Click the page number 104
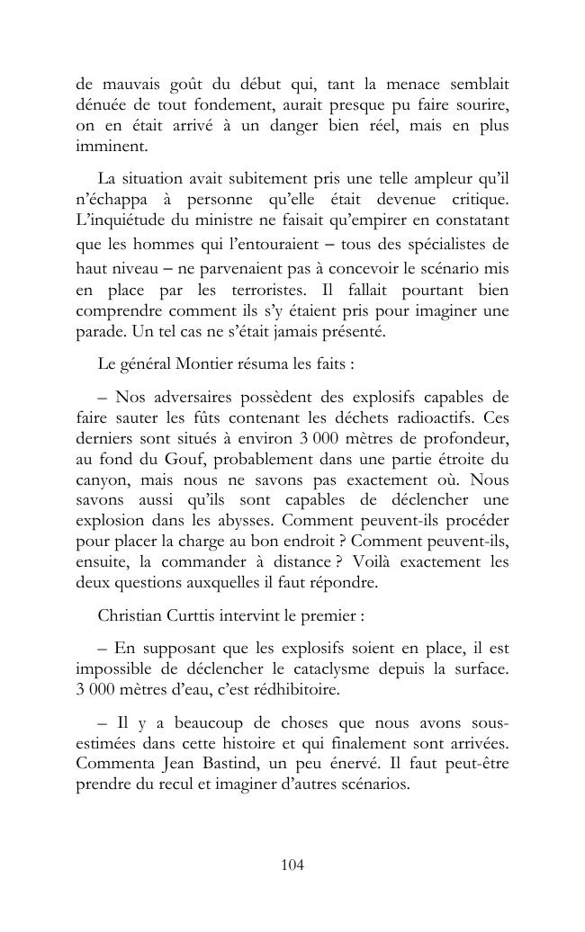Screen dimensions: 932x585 [292, 865]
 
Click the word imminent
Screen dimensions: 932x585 [110, 146]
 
